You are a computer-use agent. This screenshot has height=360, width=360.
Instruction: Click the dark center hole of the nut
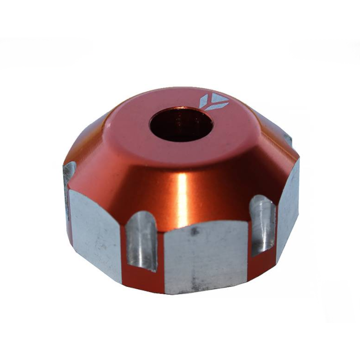[175, 124]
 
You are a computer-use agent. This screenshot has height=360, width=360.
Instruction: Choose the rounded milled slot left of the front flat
[142, 242]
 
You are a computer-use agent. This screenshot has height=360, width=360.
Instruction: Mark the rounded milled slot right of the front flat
[263, 225]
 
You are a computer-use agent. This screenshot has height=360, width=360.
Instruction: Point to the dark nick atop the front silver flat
[193, 231]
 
